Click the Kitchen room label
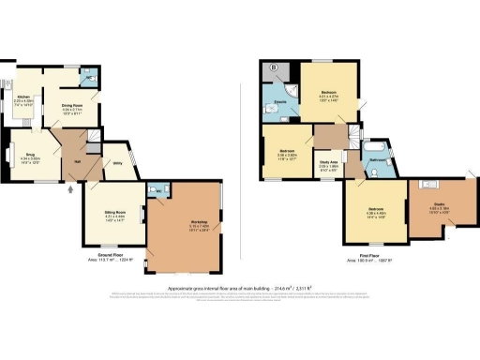[x=22, y=97]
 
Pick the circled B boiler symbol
[x=274, y=68]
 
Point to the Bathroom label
[x=379, y=160]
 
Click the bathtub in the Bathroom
[x=376, y=148]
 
